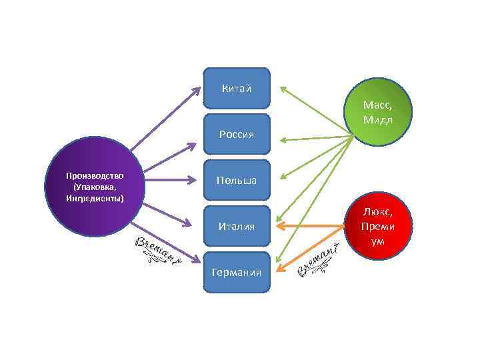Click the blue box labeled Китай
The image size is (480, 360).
237,88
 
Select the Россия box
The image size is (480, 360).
237,134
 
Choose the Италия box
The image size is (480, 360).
237,226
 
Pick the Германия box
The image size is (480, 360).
237,272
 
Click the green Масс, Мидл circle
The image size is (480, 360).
378,112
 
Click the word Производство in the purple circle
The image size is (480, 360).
95,175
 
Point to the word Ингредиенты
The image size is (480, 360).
95,198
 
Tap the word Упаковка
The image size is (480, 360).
95,187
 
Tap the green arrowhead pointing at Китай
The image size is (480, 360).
283,89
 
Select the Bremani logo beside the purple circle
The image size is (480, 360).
155,251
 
